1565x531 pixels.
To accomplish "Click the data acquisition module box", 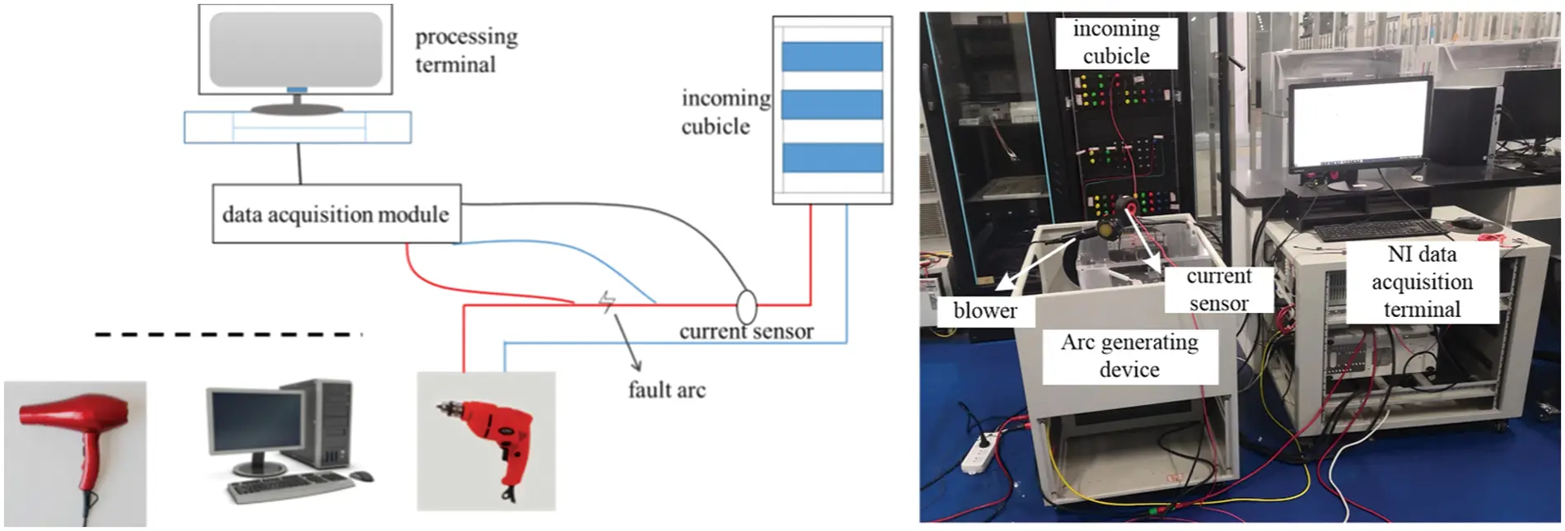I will pos(336,214).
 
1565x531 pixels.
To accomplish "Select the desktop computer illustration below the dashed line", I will pos(288,440).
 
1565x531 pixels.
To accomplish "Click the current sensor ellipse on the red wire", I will pos(745,306).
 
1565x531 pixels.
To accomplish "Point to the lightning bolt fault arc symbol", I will pos(607,303).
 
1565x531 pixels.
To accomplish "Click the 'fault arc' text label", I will pos(666,389).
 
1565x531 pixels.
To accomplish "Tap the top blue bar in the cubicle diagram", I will pos(832,57).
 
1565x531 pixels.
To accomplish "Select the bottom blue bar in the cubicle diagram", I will pos(832,157).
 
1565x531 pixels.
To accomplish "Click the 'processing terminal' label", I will pos(465,50).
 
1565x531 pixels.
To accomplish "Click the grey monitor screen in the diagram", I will pos(295,49).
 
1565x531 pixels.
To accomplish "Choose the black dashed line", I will pos(228,334).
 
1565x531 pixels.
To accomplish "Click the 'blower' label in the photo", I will pos(984,310).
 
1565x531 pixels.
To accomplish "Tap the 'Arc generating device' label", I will pos(1129,356).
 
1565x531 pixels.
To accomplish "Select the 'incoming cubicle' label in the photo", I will pos(1115,42).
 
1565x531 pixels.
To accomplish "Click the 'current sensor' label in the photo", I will pos(1218,289).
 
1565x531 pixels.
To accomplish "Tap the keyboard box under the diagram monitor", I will pos(297,128).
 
